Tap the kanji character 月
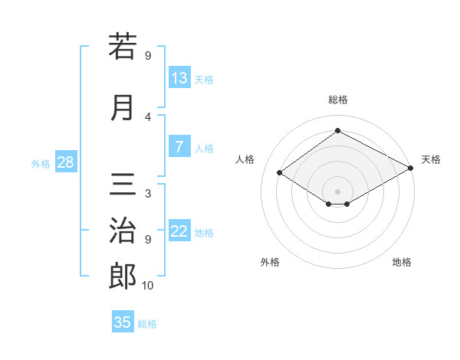[122, 107]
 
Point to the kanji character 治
[122, 231]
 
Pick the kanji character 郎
[122, 277]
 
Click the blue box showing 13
[179, 78]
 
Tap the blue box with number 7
[179, 147]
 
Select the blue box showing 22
[179, 231]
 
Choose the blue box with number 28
[64, 162]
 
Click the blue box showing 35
[123, 322]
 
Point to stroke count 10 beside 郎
[148, 286]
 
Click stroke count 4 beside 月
[148, 117]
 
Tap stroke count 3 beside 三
[148, 194]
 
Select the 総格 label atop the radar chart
[337, 100]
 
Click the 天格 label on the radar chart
[431, 159]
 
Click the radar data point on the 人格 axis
[280, 173]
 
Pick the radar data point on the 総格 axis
[337, 131]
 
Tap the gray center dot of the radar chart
[337, 190]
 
